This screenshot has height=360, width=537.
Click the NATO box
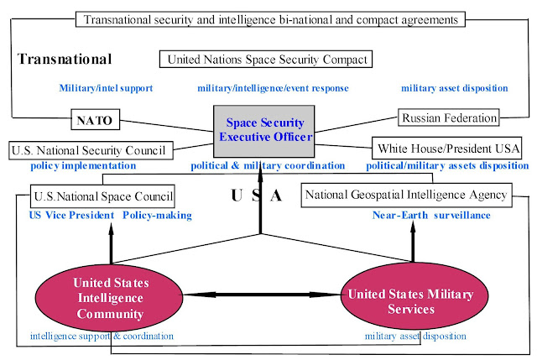95,119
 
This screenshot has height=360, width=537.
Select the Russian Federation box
448,117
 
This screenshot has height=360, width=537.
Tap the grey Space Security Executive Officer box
263,131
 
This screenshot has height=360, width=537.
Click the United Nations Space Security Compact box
266,60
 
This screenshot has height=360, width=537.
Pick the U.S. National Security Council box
91,150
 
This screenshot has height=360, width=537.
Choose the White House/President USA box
446,148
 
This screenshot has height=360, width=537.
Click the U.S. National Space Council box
102,196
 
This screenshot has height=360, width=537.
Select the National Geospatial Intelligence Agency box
406,195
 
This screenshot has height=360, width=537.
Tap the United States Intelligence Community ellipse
109,298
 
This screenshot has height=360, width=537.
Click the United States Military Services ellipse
414,295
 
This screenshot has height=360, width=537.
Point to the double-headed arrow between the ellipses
262,295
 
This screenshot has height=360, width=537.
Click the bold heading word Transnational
65,59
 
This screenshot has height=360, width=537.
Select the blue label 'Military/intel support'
106,88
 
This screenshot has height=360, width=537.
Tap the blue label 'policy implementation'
83,166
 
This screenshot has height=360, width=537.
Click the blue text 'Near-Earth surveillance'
431,215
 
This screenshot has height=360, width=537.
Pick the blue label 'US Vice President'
71,215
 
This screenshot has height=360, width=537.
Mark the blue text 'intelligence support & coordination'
102,336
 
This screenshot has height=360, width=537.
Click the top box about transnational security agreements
270,19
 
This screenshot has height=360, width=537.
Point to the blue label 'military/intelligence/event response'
273,88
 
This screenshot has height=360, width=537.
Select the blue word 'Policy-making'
157,215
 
